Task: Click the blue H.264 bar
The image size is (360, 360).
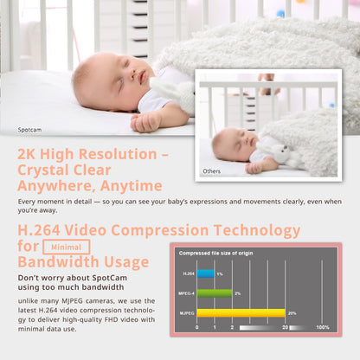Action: [x=205, y=273]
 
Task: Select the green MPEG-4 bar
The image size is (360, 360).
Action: [x=215, y=293]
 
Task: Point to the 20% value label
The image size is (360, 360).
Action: [x=292, y=312]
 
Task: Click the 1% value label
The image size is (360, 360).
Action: [x=220, y=273]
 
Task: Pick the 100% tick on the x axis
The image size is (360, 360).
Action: [x=322, y=328]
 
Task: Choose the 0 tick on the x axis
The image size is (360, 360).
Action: [x=197, y=328]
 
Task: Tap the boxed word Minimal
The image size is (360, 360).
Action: [x=66, y=247]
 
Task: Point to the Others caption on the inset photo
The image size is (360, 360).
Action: [x=212, y=171]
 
